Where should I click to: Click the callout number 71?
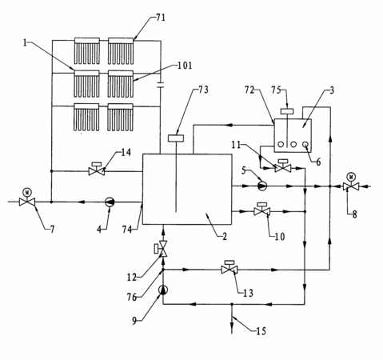[x=161, y=18]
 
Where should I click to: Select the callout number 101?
[x=185, y=66]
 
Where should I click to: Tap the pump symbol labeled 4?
[x=110, y=202]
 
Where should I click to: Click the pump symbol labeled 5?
[x=262, y=186]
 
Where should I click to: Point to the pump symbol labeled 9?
[x=163, y=290]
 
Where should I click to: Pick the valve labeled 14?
[x=97, y=169]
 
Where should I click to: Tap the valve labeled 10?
[x=261, y=210]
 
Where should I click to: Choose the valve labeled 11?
[x=283, y=166]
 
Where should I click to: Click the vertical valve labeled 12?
[x=162, y=249]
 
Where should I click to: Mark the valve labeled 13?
[x=229, y=267]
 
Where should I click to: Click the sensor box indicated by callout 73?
[x=176, y=138]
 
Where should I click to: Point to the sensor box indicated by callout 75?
[x=287, y=111]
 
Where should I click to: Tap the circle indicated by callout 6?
[x=305, y=144]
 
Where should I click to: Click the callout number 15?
[x=261, y=331]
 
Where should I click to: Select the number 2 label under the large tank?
[x=225, y=236]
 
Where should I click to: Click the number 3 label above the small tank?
[x=332, y=90]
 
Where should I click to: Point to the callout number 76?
[x=132, y=297]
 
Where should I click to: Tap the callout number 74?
[x=127, y=230]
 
